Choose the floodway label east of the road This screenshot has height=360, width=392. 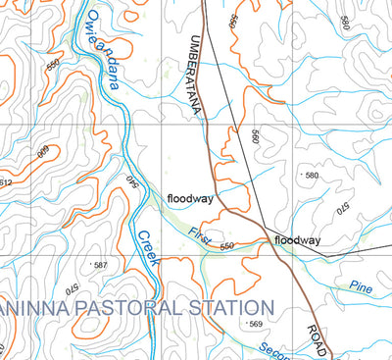point(297,240)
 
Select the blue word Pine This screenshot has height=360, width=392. point(361,286)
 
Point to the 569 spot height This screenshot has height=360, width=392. point(256,324)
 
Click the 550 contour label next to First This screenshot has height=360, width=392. point(228,246)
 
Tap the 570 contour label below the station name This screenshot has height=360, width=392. point(71,289)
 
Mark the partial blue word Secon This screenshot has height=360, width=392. point(274,347)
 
